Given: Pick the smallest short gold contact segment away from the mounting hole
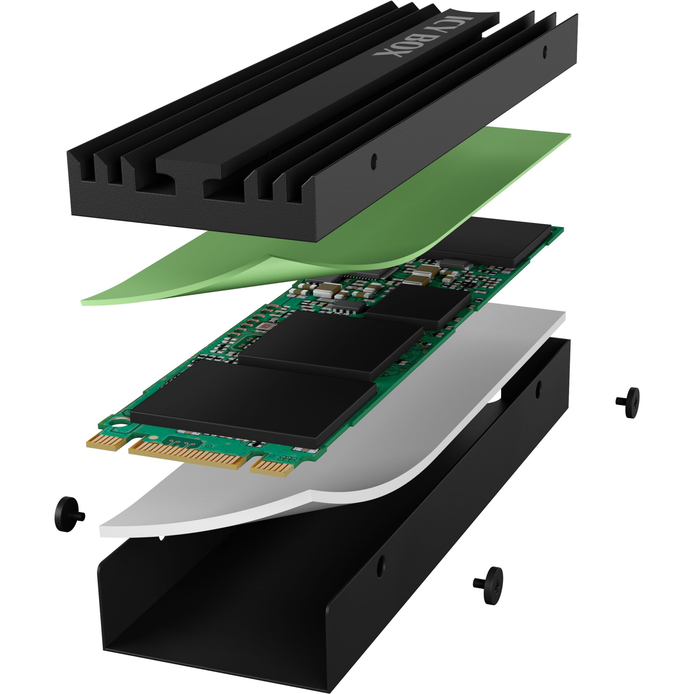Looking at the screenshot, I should (271, 468).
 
